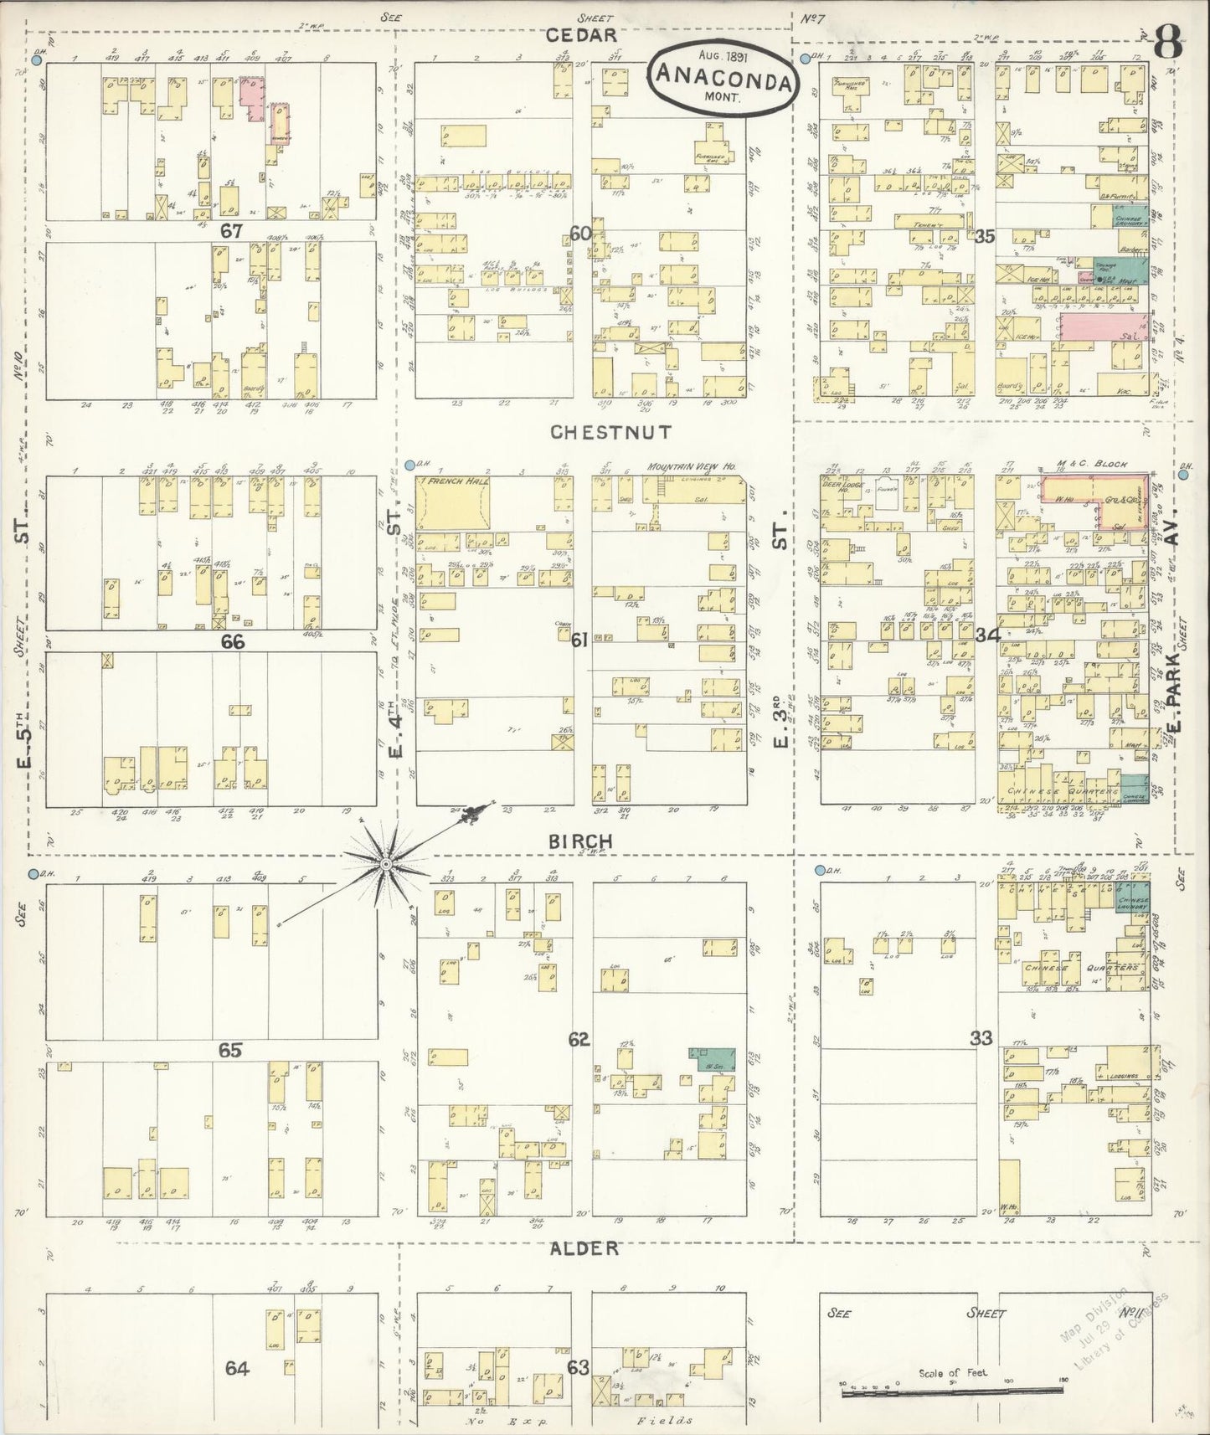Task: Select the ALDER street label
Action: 584,1248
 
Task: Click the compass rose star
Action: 386,863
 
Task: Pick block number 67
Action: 231,231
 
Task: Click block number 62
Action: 579,1040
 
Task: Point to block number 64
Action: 237,1368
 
